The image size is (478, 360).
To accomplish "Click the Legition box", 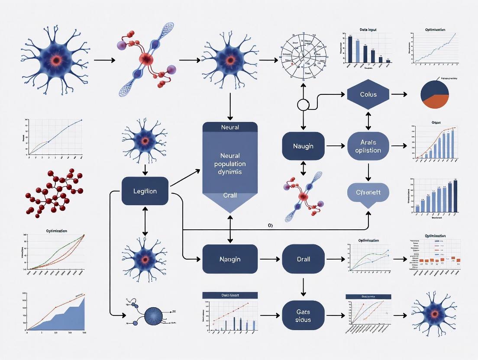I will coord(145,191).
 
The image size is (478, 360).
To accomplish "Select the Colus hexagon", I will coord(368,94).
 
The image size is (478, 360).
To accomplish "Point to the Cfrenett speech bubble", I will coord(368,193).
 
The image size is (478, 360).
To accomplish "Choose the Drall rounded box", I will coord(303,259).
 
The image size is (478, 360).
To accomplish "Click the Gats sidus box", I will coord(303,315).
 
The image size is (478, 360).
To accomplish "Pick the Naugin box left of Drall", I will coord(230,259).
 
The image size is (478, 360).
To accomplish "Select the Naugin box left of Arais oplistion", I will coord(303,146).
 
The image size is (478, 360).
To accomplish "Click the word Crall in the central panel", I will coord(230,195).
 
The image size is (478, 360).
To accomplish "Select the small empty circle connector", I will coord(303,105).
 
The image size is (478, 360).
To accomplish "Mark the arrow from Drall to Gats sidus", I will coord(303,286).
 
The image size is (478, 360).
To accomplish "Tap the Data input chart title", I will coord(368,30).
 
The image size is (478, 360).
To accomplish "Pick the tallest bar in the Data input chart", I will coord(350,49).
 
